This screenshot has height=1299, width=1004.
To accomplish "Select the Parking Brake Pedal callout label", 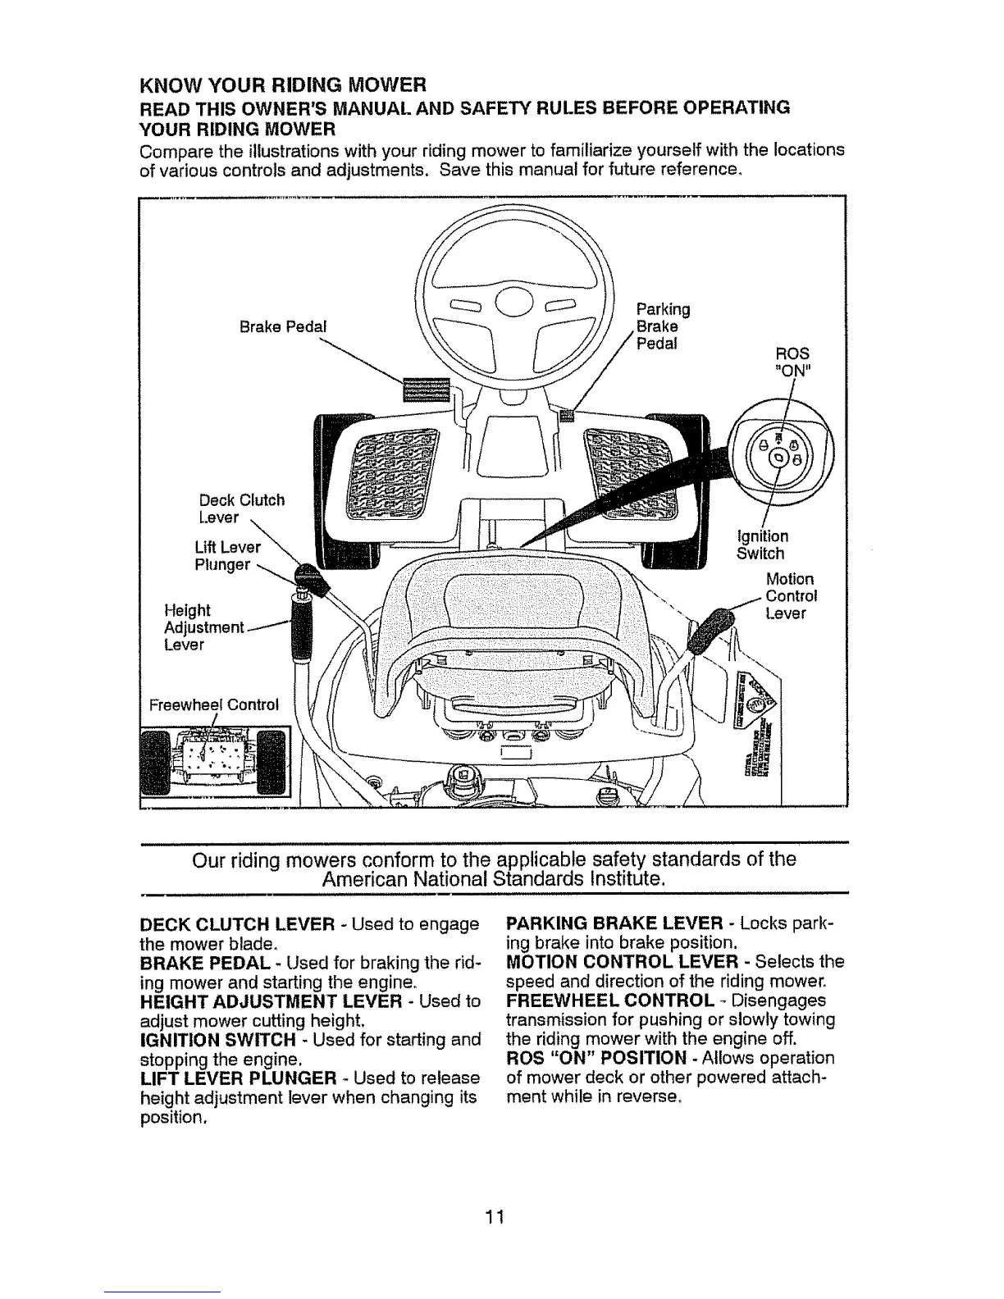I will point(663,326).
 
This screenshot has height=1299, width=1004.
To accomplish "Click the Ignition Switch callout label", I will point(763,545).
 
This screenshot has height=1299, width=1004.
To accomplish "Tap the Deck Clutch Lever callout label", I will point(242,508).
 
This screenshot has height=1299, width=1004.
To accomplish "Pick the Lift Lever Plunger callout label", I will point(228,556).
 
